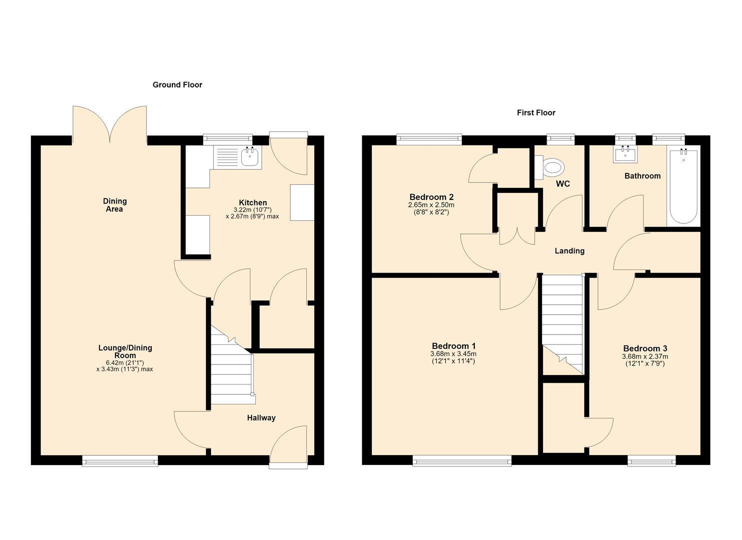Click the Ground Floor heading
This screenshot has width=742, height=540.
coord(177,85)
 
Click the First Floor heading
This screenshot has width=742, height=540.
coord(536,112)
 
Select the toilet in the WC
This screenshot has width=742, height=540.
coord(550,168)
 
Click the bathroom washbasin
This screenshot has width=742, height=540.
coord(625,155)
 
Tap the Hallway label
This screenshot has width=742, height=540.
coord(261,418)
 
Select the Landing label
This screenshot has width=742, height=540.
coord(570,251)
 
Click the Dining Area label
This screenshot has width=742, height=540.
coord(114,205)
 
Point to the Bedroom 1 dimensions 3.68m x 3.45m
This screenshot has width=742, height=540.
coord(453,354)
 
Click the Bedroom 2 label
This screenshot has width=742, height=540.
coord(431,197)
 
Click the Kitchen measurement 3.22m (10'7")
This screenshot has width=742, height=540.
coord(253,210)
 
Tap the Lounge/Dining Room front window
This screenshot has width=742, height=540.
coord(120,461)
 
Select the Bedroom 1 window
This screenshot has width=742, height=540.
coord(462,461)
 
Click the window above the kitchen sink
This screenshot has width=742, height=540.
coord(228,139)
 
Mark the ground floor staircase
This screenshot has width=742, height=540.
coord(232,365)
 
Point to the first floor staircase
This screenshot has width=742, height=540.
coord(563,324)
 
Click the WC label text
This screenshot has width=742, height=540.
coord(563,184)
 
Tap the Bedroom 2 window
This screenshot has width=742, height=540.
coord(429,139)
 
